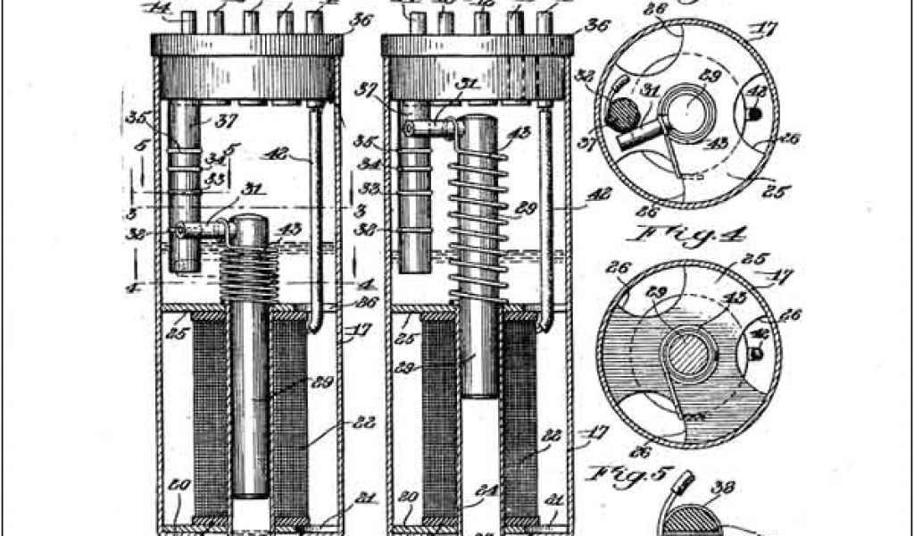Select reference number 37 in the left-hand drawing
tap(220, 121)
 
